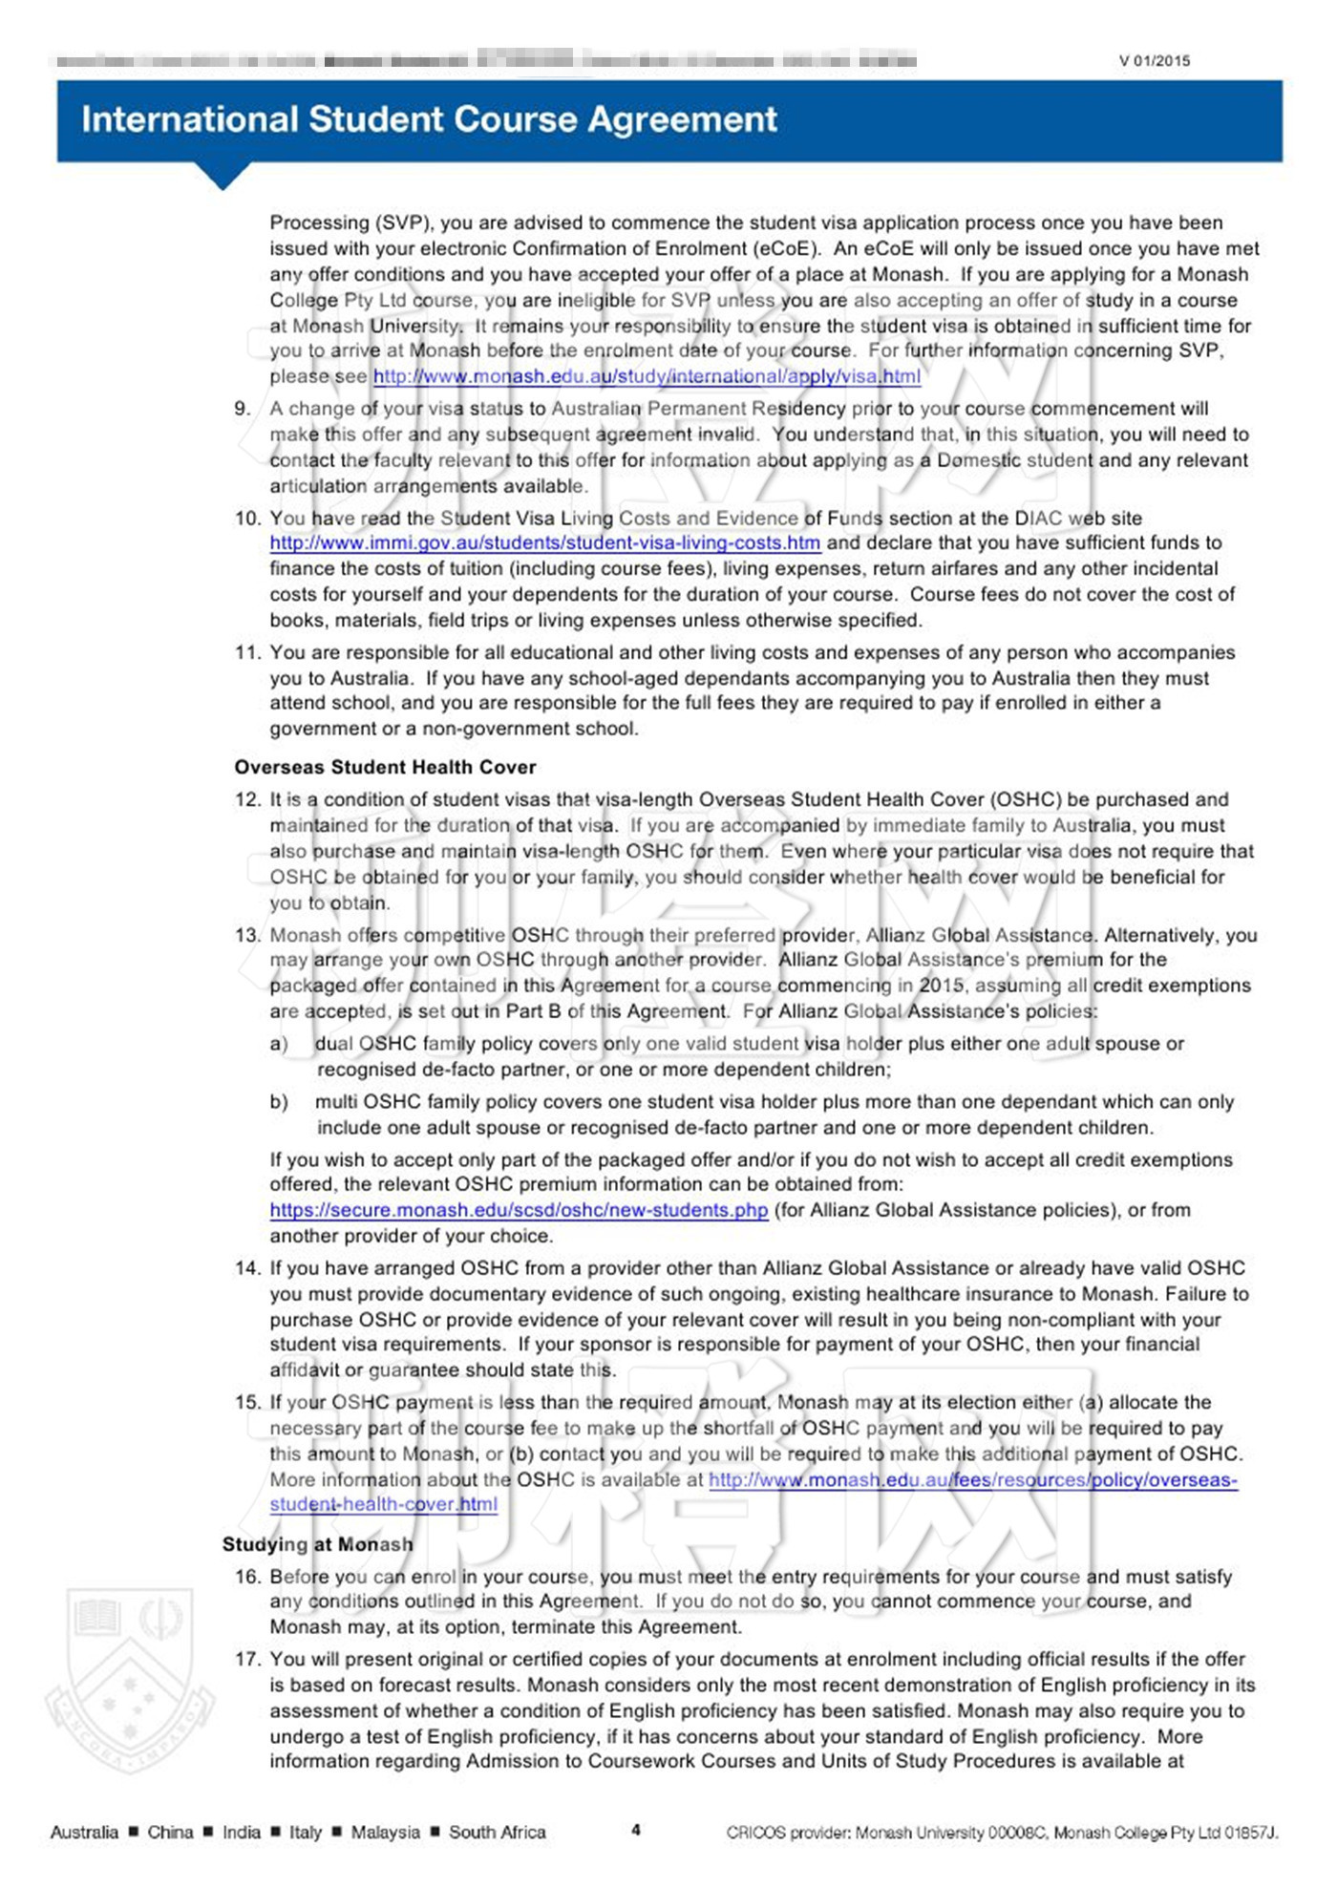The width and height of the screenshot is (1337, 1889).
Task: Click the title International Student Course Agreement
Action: [429, 119]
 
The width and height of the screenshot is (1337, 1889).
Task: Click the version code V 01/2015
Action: [1155, 61]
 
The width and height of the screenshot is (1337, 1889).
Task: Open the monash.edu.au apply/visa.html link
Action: [647, 376]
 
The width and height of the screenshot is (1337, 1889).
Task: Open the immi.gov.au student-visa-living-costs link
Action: [544, 543]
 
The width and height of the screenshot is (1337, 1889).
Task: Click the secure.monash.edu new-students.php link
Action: [519, 1210]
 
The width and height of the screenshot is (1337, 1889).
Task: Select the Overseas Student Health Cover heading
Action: [385, 767]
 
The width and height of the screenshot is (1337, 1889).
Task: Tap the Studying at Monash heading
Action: [318, 1544]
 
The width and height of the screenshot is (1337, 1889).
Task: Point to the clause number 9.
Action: [243, 409]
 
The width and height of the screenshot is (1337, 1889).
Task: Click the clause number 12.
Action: [246, 799]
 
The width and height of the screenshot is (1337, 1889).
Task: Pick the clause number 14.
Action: [246, 1268]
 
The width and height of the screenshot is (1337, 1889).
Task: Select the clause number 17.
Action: [246, 1659]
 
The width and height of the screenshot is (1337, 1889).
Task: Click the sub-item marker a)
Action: [279, 1044]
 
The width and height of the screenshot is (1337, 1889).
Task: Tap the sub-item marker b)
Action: [279, 1102]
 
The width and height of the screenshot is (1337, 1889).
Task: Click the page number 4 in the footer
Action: [636, 1830]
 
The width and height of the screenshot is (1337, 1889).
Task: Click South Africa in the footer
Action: [497, 1832]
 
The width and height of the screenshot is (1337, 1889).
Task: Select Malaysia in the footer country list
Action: [385, 1832]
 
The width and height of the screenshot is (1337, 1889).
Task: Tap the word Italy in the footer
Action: [306, 1832]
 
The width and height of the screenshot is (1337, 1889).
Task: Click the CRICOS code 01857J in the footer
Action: [1250, 1832]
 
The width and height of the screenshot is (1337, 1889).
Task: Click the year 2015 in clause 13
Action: [941, 986]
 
